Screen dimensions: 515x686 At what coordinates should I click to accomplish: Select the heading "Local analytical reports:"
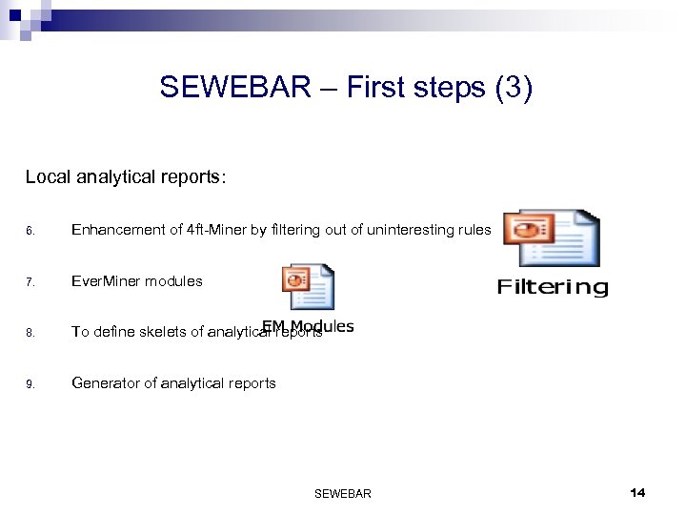click(x=126, y=177)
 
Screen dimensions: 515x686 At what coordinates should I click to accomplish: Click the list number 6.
click(x=30, y=231)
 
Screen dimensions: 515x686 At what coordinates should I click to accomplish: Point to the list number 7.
click(x=30, y=282)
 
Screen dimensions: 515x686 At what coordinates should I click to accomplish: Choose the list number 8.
click(x=30, y=333)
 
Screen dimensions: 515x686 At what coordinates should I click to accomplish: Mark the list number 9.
click(x=30, y=384)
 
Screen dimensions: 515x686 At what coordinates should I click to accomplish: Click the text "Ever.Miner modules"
click(x=137, y=281)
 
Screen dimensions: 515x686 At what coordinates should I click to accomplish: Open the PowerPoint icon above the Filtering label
click(x=551, y=238)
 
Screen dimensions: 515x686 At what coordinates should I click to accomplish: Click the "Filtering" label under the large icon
click(x=553, y=287)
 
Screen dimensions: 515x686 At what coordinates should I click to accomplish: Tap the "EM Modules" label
click(x=309, y=326)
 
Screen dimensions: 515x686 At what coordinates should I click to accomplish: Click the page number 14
click(x=637, y=492)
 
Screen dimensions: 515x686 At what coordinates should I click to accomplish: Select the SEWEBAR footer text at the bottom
click(x=342, y=493)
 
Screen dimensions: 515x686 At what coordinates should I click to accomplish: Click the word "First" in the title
click(x=379, y=88)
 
